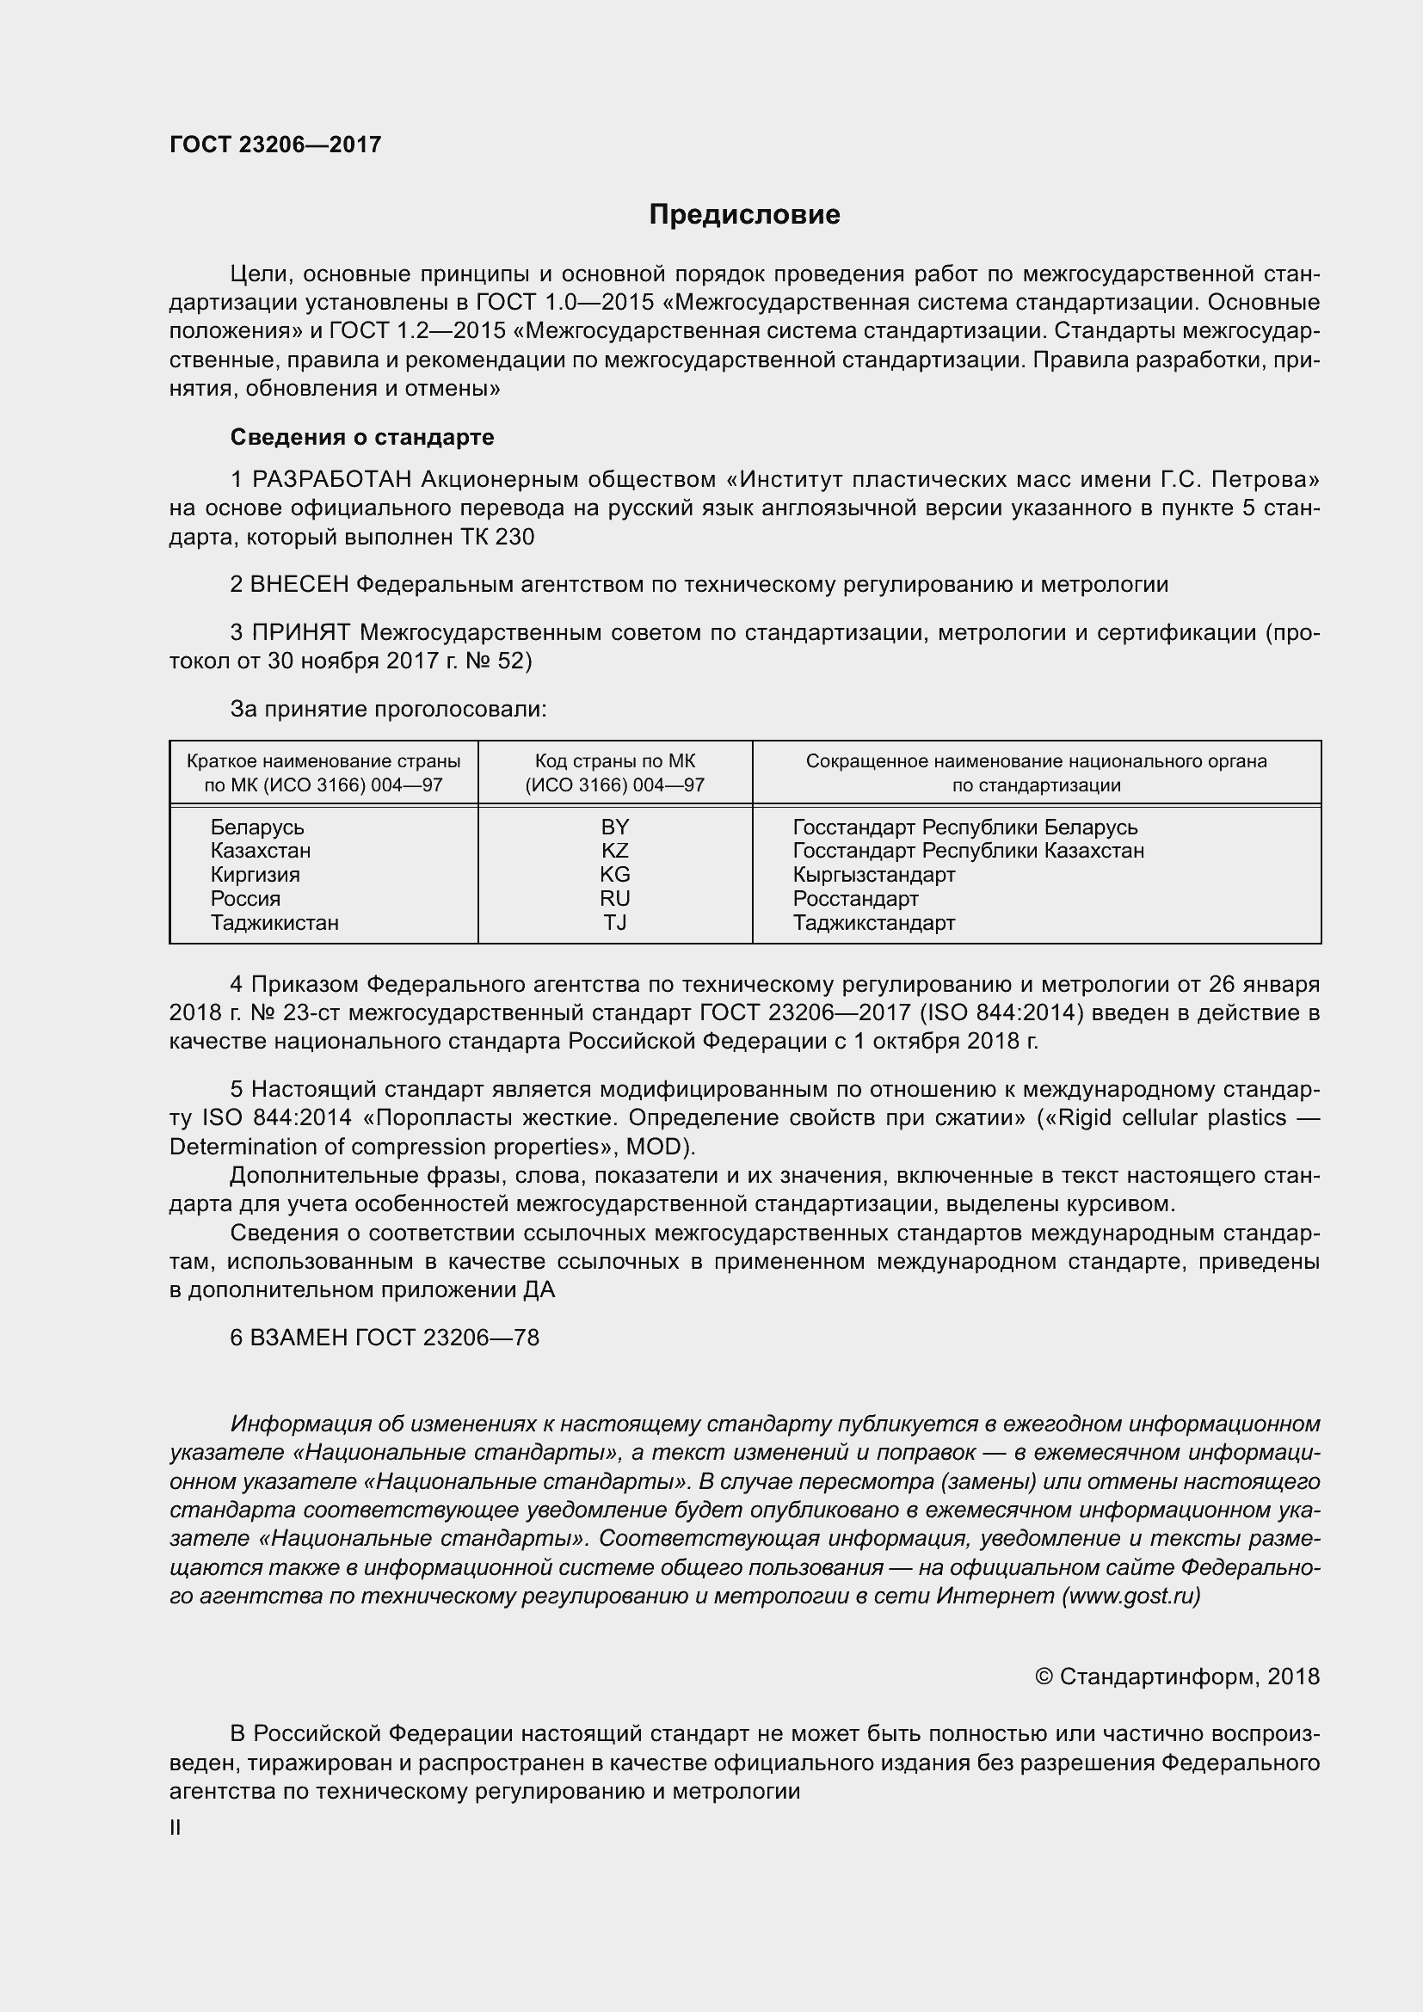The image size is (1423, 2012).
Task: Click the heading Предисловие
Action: pyautogui.click(x=744, y=215)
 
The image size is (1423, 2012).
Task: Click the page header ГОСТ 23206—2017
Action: pyautogui.click(x=275, y=145)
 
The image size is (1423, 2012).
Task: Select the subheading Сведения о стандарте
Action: pyautogui.click(x=362, y=436)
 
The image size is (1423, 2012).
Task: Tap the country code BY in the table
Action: pyautogui.click(x=614, y=828)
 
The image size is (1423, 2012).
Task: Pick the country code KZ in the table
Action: pyautogui.click(x=614, y=851)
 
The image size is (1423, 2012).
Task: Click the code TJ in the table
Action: pyautogui.click(x=614, y=923)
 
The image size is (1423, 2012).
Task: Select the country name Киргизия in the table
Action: pyautogui.click(x=255, y=875)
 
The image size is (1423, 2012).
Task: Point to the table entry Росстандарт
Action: pyautogui.click(x=855, y=899)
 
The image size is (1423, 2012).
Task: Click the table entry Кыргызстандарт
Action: pyautogui.click(x=873, y=875)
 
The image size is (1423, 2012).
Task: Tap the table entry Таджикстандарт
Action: pyautogui.click(x=873, y=923)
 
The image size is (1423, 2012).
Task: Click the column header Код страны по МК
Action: pyautogui.click(x=614, y=761)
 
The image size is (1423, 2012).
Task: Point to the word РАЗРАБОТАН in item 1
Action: pyautogui.click(x=332, y=479)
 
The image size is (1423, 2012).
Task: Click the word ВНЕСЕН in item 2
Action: pyautogui.click(x=299, y=584)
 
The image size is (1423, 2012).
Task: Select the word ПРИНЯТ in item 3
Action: pyautogui.click(x=301, y=632)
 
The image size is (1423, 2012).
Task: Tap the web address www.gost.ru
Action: pyautogui.click(x=1130, y=1596)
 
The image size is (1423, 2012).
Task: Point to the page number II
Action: pyautogui.click(x=176, y=1828)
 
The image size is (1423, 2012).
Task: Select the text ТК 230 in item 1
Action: pyautogui.click(x=496, y=537)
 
